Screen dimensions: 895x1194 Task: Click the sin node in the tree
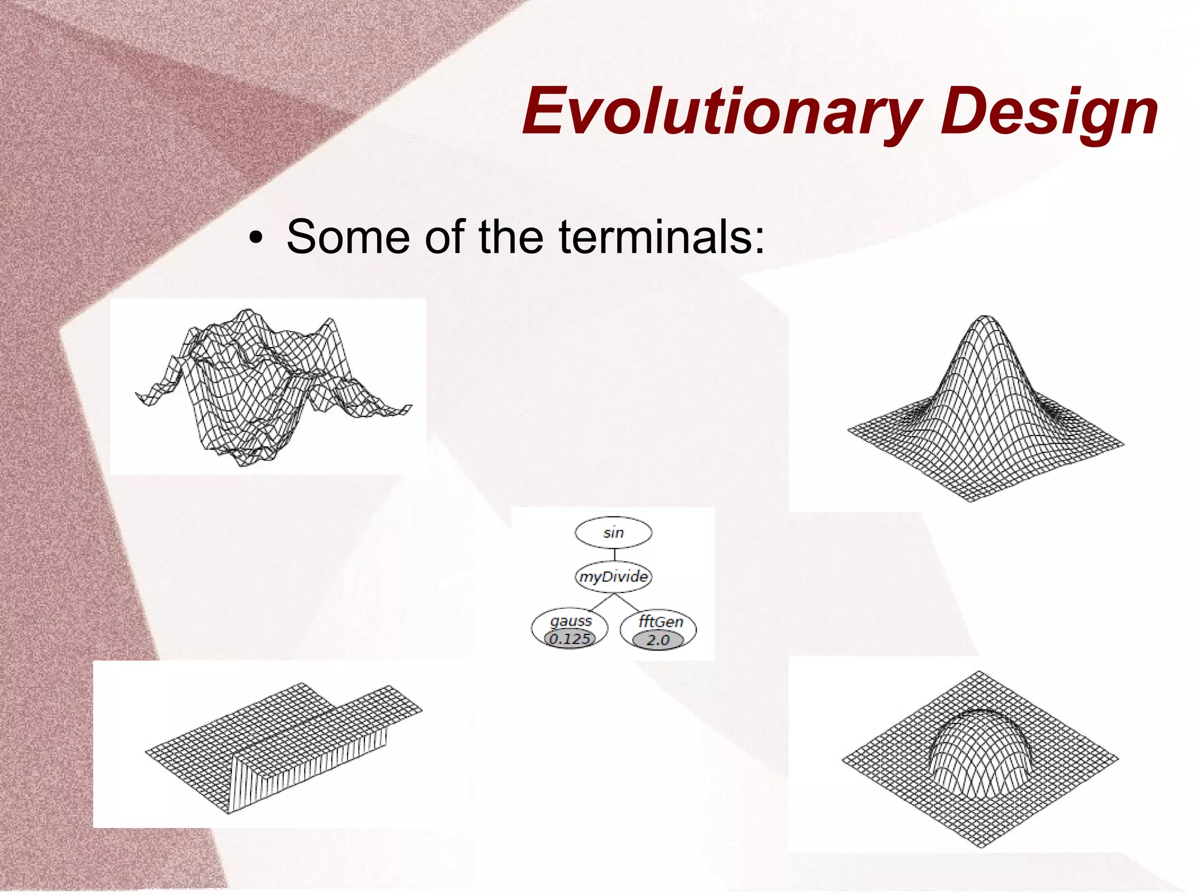613,533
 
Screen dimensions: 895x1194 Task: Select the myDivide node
613,577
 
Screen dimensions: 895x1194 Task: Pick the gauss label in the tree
571,621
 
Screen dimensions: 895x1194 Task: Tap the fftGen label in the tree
660,622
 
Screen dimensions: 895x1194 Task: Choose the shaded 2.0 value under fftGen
658,640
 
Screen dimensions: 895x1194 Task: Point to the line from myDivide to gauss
600,602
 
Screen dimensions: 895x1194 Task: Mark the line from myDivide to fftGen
628,602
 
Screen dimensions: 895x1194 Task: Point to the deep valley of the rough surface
245,449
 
